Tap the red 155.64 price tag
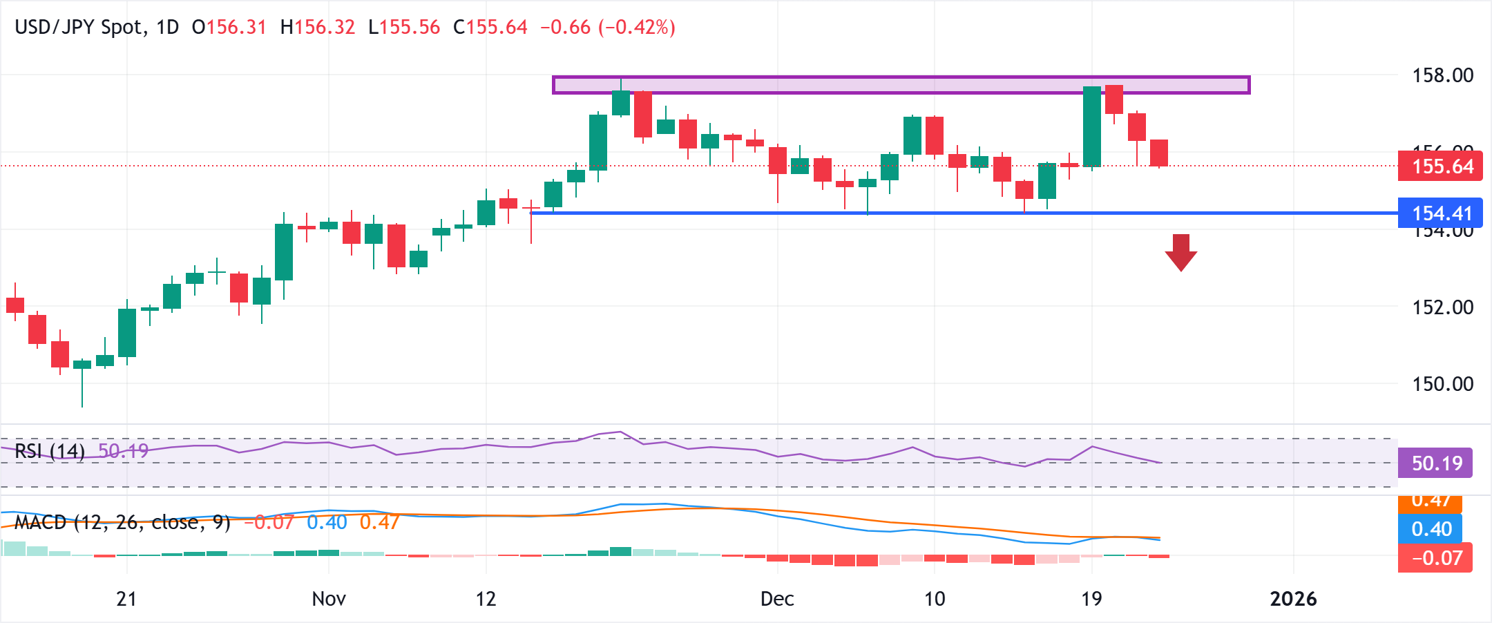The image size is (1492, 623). coord(1440,166)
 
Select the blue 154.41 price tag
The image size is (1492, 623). coord(1440,213)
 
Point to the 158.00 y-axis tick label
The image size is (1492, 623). coord(1442,75)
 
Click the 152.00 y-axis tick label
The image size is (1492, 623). coord(1442,307)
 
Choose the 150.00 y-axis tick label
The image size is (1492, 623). coord(1442,384)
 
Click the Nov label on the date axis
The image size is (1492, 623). coord(329,599)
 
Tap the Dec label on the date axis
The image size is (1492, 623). coord(777,599)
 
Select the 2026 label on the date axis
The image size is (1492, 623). coord(1293,599)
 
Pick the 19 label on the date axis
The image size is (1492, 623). coord(1091,599)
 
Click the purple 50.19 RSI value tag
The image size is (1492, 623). coord(1435,463)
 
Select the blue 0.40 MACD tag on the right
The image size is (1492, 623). coord(1430,529)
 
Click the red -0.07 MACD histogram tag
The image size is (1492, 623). coord(1435,558)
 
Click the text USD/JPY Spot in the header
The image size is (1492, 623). coord(79,28)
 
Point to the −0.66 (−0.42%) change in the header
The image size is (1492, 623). coord(607,28)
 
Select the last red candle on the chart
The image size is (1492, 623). coord(1159,153)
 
